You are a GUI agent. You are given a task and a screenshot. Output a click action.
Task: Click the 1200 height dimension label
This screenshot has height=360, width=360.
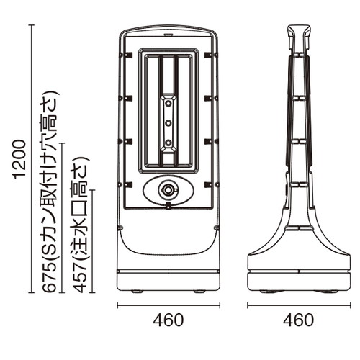pos(20,159)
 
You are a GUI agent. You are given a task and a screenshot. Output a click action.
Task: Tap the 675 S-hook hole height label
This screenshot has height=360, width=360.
pos(50,192)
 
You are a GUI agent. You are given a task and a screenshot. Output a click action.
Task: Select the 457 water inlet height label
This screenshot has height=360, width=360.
pos(81,225)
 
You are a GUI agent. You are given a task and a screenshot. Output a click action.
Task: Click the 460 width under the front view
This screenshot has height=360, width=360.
pos(168,320)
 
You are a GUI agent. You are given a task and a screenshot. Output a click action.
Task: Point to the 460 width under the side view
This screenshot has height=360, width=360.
pos(298,320)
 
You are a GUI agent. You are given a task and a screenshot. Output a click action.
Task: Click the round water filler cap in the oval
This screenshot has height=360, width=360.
pos(168,190)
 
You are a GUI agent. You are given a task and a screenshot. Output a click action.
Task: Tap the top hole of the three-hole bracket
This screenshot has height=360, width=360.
pos(168,104)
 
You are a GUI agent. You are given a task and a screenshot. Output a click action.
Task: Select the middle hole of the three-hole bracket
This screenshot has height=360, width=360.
pos(168,123)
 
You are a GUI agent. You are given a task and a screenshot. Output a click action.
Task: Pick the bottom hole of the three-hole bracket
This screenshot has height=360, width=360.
pos(168,143)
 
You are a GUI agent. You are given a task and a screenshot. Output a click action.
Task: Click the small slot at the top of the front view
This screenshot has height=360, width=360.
pos(168,35)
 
